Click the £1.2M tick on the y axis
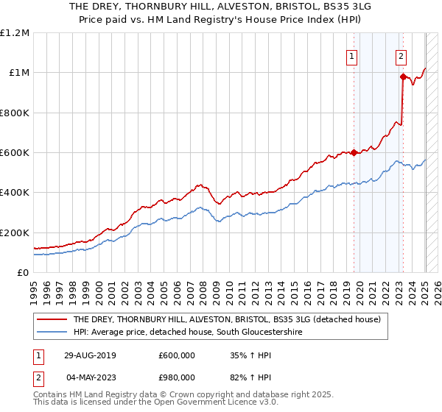coord(15,33)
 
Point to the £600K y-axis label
coord(15,153)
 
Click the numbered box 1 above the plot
coord(352,56)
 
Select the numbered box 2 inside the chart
coord(401,56)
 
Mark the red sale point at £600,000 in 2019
coord(354,153)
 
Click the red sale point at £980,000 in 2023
coord(403,77)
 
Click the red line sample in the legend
coord(52,320)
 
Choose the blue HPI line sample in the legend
coord(52,333)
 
